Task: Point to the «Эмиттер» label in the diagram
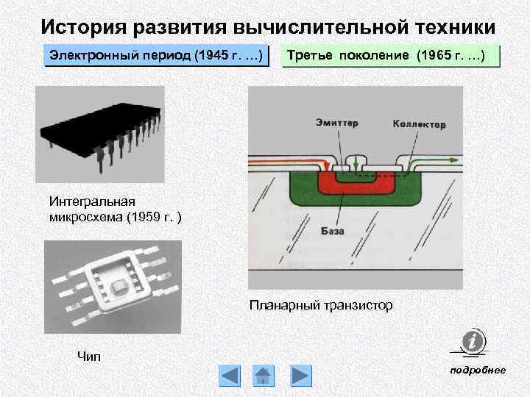[337, 123]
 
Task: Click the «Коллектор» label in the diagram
[419, 124]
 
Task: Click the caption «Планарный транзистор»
[321, 304]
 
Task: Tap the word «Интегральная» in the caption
[93, 201]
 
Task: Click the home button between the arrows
[264, 376]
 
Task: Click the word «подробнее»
[478, 370]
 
